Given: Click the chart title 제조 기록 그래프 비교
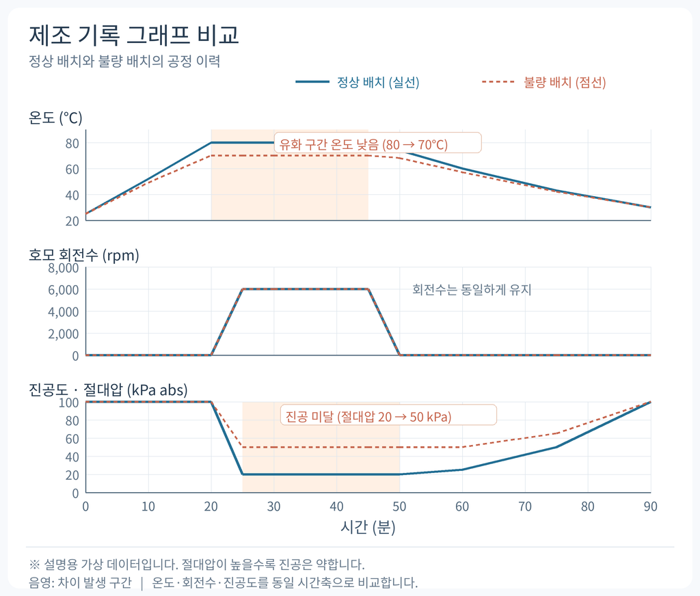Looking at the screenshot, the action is pos(134,35).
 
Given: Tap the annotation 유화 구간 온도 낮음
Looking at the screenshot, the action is pos(329,144).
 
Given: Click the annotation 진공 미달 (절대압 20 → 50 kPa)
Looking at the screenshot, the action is pos(368,416).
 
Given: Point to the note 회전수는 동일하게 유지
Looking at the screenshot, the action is pos(472,290).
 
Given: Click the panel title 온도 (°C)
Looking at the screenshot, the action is pos(55,118).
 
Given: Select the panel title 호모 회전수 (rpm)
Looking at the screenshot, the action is pos(84,255).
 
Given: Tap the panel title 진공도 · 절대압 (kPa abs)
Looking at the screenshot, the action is pos(108,390).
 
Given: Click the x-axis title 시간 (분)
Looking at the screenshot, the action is pos(368,527).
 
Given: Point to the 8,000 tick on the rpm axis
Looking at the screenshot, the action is pos(64,268).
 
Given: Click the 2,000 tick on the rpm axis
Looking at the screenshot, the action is pos(64,334).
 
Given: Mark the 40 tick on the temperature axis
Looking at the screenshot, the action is pos(72,195).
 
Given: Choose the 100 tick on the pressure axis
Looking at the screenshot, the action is pos(69,403).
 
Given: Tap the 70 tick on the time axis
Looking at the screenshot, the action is pos(525,506).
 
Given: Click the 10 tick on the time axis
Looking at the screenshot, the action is pos(148,506).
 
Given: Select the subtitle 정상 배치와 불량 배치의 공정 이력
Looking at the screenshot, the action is pos(124,61).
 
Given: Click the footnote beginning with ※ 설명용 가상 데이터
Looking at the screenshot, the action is pos(197,565).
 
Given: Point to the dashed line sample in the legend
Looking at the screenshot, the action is pos(498,82).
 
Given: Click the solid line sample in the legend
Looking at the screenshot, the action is pos(312,82).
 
